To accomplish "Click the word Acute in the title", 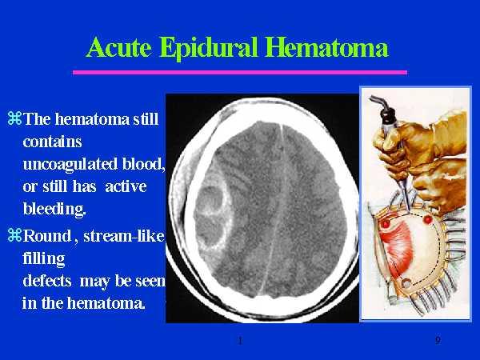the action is (118, 47).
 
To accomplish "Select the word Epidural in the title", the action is (209, 49).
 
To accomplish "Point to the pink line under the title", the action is (240, 73).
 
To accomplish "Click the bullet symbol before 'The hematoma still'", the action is (14, 118).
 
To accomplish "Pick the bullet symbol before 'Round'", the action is (14, 235).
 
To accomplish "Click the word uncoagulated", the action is (70, 165).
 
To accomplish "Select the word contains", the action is (52, 142).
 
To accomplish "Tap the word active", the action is (126, 186).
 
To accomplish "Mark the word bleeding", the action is (54, 210).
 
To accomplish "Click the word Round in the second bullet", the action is (47, 236).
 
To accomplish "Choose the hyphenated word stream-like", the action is (124, 236).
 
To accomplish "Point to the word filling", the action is (44, 258).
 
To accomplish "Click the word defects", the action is (47, 281).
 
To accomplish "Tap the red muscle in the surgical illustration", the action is (397, 245).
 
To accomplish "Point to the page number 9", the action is (438, 340).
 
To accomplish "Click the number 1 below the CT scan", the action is (240, 340).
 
